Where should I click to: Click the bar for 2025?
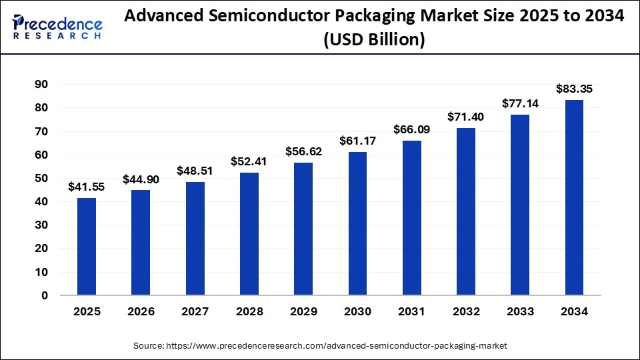click(86, 246)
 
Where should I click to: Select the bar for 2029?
click(303, 229)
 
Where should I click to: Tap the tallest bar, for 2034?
click(574, 197)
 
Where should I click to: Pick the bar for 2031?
click(412, 217)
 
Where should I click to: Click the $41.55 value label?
click(86, 187)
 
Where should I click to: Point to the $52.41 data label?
click(249, 161)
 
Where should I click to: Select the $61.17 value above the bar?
click(357, 141)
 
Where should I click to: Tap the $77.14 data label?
click(520, 103)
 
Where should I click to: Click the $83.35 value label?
click(574, 89)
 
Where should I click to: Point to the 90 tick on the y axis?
click(41, 84)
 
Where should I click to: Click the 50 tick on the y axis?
click(41, 178)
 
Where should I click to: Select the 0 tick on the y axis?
click(45, 295)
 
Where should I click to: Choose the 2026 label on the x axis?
click(141, 311)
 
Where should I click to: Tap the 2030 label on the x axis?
click(357, 311)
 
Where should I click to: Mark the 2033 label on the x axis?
click(520, 311)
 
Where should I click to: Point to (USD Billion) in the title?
click(374, 39)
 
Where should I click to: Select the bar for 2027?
click(195, 239)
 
